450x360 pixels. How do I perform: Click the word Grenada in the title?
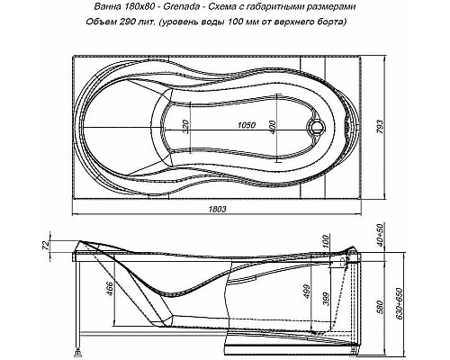(x=186, y=7)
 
